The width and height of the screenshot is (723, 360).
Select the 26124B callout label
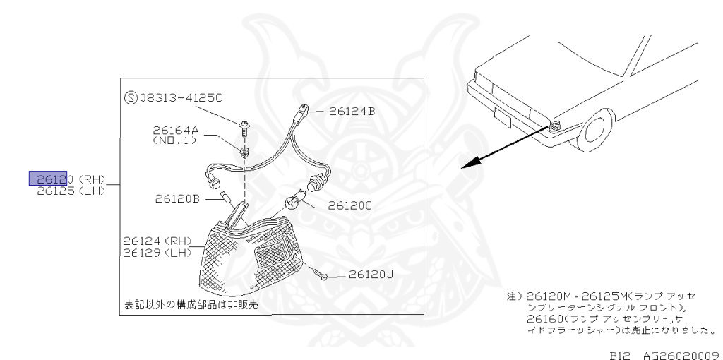(352, 111)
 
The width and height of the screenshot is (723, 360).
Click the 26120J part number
(371, 275)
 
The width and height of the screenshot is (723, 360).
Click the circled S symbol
(130, 98)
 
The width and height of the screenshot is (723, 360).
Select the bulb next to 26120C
(290, 205)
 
